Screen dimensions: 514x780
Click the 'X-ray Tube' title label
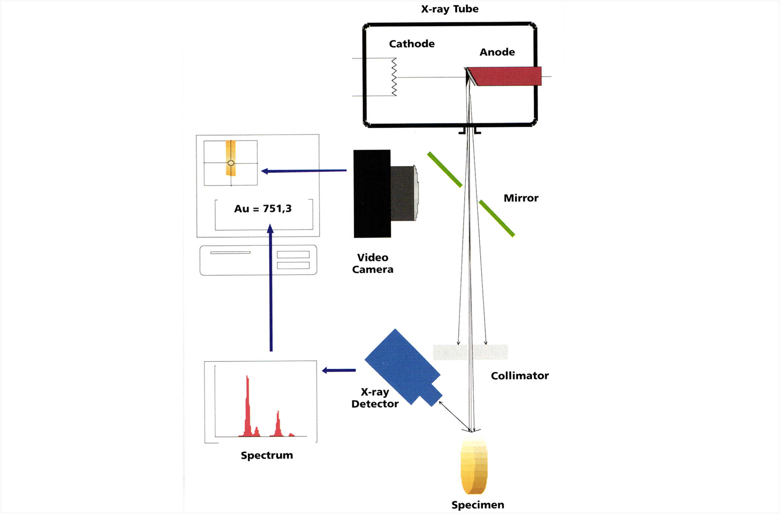pyautogui.click(x=449, y=9)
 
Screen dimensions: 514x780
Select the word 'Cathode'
pyautogui.click(x=412, y=44)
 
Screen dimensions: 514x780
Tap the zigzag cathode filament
pyautogui.click(x=394, y=77)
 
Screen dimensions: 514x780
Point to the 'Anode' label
pyautogui.click(x=497, y=52)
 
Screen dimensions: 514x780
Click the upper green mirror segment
pyautogui.click(x=444, y=170)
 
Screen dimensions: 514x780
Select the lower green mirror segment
pyautogui.click(x=497, y=218)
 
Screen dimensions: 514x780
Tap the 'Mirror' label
pyautogui.click(x=521, y=198)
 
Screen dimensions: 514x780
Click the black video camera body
pyautogui.click(x=372, y=194)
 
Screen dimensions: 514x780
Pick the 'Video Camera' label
pyautogui.click(x=372, y=263)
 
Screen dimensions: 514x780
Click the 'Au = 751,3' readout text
pyautogui.click(x=263, y=209)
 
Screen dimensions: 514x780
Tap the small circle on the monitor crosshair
pyautogui.click(x=231, y=163)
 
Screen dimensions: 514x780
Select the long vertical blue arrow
pyautogui.click(x=271, y=287)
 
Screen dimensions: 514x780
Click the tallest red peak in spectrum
pyautogui.click(x=247, y=404)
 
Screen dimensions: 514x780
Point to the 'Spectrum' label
pyautogui.click(x=266, y=455)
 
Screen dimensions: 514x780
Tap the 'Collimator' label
pyautogui.click(x=519, y=376)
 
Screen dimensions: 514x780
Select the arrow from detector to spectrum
pyautogui.click(x=339, y=370)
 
